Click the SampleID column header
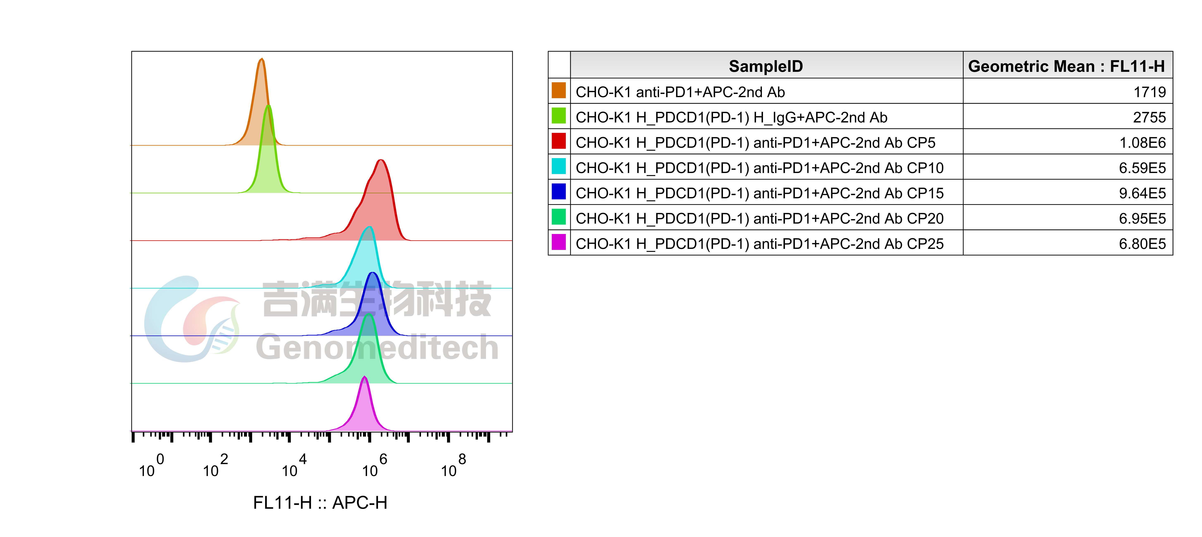(766, 66)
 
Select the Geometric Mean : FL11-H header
(1066, 66)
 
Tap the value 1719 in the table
(1149, 92)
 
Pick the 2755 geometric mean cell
(1149, 117)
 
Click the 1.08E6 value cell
(1142, 142)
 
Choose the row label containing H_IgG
(731, 117)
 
